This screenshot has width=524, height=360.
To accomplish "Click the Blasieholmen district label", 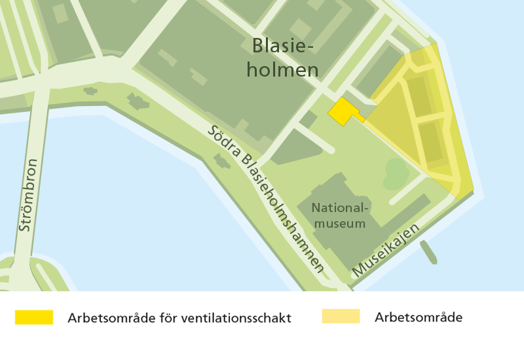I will pyautogui.click(x=284, y=58).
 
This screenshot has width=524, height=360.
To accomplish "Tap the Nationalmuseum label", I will pyautogui.click(x=340, y=216).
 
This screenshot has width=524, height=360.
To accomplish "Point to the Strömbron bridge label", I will pyautogui.click(x=28, y=196).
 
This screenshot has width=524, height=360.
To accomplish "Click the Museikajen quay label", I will pyautogui.click(x=386, y=250).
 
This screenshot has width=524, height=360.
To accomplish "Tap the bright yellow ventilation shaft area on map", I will pyautogui.click(x=343, y=111).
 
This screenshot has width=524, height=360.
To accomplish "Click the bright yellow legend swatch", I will pyautogui.click(x=34, y=317).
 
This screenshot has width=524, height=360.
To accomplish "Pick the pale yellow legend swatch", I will pyautogui.click(x=341, y=317).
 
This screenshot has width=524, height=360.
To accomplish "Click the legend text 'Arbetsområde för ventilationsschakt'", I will pyautogui.click(x=179, y=318).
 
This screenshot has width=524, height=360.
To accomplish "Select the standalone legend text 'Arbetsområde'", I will pyautogui.click(x=419, y=317).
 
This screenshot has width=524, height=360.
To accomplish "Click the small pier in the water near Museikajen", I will pyautogui.click(x=428, y=251).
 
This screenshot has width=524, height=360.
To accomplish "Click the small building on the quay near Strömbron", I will pyautogui.click(x=138, y=101).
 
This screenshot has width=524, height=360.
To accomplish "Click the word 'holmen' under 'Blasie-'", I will pyautogui.click(x=282, y=69).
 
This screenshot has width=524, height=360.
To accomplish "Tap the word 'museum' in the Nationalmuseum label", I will pyautogui.click(x=340, y=224).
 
